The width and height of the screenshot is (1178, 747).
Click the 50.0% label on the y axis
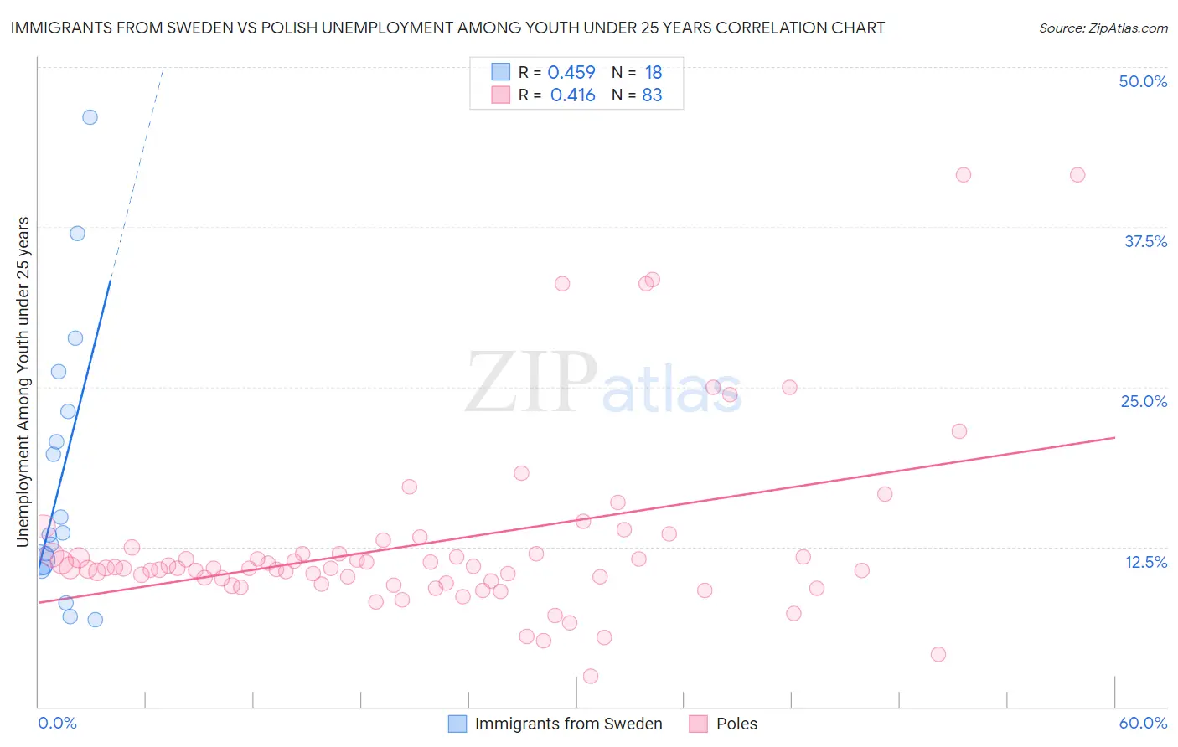tap(1143, 81)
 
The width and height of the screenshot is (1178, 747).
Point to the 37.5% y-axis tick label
tap(1145, 241)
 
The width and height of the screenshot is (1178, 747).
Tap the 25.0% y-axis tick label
tap(1144, 401)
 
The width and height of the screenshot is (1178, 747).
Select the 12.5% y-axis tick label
tap(1145, 562)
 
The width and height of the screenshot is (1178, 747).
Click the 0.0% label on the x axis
tap(57, 723)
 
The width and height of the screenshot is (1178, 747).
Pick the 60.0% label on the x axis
tap(1143, 723)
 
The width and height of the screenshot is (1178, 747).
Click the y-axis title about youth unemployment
tap(23, 382)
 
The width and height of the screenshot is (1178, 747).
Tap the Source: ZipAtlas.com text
tap(1103, 28)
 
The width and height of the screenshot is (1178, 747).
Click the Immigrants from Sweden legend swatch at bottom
tap(457, 724)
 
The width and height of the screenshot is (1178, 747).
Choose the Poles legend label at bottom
tap(736, 724)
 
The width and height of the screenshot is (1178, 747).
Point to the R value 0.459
tap(571, 73)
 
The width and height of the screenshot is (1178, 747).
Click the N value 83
tap(652, 95)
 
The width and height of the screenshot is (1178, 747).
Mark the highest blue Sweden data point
tap(90, 117)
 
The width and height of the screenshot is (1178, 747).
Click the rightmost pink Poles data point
tap(1077, 175)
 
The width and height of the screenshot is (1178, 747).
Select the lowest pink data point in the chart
tap(591, 676)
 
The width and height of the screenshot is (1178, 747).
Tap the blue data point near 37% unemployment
tap(77, 234)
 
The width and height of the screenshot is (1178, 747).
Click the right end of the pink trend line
tap(1114, 437)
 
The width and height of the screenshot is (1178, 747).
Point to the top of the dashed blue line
tap(163, 68)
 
